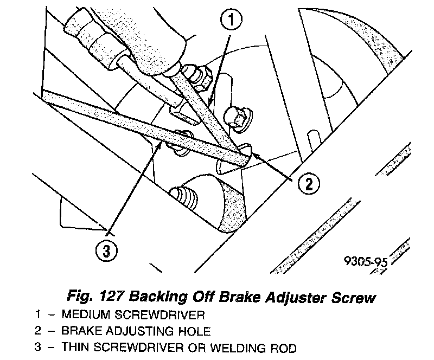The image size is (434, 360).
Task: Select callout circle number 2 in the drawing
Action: point(307,184)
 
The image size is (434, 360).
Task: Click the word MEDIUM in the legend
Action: point(84,314)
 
